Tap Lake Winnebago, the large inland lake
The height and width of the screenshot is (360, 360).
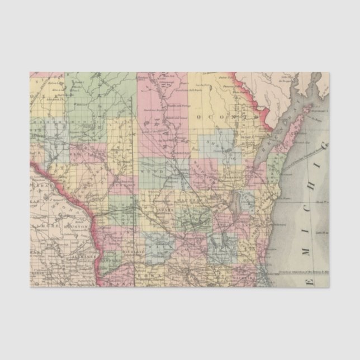236,202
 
